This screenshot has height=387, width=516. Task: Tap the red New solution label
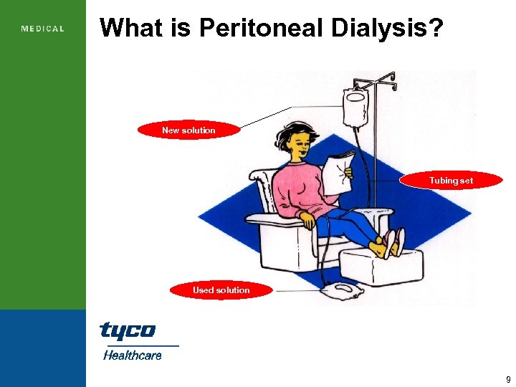(188, 130)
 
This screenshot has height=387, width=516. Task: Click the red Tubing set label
(451, 181)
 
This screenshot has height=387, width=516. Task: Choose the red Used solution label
(221, 290)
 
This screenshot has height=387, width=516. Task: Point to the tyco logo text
(127, 330)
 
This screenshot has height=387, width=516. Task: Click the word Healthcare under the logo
(132, 355)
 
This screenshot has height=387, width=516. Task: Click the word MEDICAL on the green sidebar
(43, 29)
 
